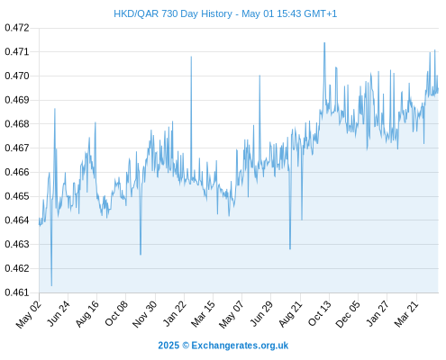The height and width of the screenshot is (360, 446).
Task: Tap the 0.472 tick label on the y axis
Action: coord(17,28)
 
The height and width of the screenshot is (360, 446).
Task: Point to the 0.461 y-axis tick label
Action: coord(17,292)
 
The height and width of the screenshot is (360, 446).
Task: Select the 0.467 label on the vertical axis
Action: coord(17,148)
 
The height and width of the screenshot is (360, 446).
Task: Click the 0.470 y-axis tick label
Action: coord(17,76)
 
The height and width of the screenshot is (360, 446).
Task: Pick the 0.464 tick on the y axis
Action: coord(17,220)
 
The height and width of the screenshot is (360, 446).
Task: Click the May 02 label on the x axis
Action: coord(29,314)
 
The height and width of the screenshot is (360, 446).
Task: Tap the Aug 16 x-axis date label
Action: coord(87,314)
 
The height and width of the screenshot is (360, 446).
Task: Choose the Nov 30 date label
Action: coord(145,314)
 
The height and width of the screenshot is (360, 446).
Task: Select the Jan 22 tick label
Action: coord(175,314)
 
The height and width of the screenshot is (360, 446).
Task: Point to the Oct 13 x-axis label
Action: coord(320,314)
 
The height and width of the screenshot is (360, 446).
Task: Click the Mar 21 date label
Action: coord(406,314)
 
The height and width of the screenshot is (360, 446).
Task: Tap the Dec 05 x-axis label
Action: coord(348,314)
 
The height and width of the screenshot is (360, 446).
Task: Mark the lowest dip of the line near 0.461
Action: coord(51,285)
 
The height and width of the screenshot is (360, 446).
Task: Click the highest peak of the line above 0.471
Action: coord(324,42)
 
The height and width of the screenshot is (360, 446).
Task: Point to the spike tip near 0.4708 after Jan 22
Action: coord(191,57)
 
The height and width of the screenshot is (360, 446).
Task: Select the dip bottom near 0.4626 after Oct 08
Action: coord(141,255)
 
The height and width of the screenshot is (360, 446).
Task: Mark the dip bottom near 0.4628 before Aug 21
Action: coord(290,249)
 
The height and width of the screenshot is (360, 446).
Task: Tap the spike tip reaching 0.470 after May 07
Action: coord(259,76)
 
